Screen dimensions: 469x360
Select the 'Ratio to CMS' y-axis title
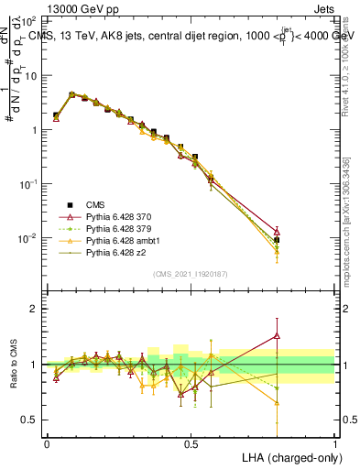point(15,377)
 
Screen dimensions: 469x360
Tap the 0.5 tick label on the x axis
point(191,444)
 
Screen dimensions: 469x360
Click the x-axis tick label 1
point(334,444)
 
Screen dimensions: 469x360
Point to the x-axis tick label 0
point(47,444)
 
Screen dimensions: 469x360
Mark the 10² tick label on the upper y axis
point(27,20)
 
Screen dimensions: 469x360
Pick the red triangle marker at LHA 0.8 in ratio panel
point(277,336)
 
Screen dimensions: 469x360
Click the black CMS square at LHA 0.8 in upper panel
point(277,240)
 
